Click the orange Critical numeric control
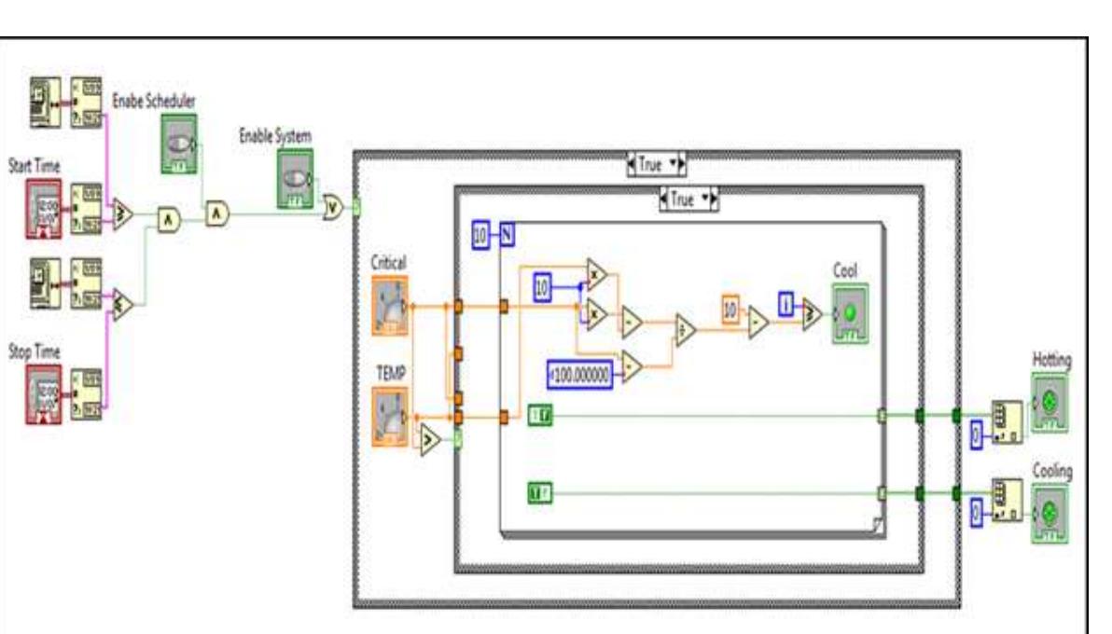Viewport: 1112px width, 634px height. pos(389,304)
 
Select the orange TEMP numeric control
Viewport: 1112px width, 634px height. pos(389,416)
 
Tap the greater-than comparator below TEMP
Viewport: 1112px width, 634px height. pos(428,439)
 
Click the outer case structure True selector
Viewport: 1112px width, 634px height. pos(658,165)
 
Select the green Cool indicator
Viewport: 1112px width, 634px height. pos(850,313)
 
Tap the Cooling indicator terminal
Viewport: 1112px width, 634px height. pos(1049,513)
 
